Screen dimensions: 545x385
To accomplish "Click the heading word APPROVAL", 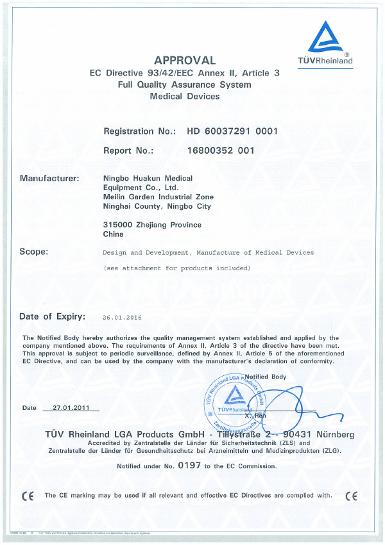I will pos(185,60).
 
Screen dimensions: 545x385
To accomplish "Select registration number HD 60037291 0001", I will pos(232,131).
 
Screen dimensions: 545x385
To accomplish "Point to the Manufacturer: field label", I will pos(49,178).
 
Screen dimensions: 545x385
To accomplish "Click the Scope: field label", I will pos(34,252).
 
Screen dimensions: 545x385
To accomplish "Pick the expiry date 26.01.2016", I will pos(122,317).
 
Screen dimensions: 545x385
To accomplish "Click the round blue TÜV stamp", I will pos(234,403).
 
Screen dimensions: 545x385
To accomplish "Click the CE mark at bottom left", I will pos(28,496).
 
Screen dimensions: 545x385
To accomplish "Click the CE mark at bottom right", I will pos(352,496).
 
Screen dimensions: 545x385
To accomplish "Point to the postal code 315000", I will pos(117,225).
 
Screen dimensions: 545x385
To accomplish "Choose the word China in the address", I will pos(113,235).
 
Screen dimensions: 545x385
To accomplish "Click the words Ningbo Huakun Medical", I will pos(148,178).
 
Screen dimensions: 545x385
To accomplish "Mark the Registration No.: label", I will pos(139,131).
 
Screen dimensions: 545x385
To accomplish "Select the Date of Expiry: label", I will pos(52,316).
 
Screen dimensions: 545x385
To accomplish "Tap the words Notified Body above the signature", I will pos(266,377).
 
